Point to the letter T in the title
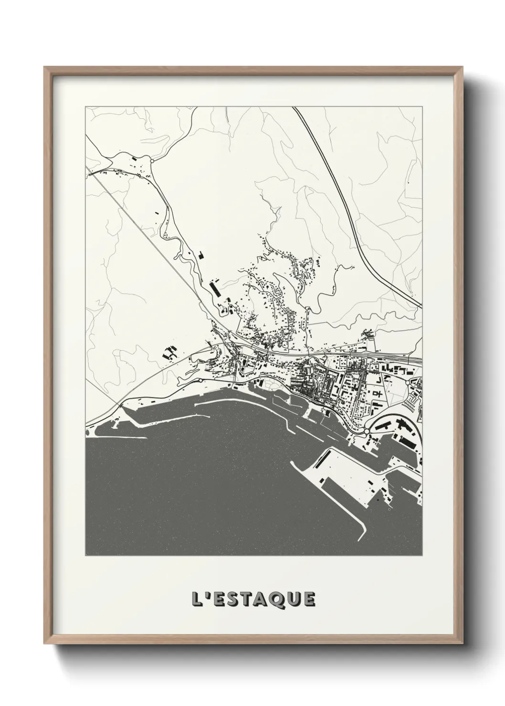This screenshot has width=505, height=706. [x=247, y=600]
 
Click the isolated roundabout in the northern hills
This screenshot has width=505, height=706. [x=152, y=161]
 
